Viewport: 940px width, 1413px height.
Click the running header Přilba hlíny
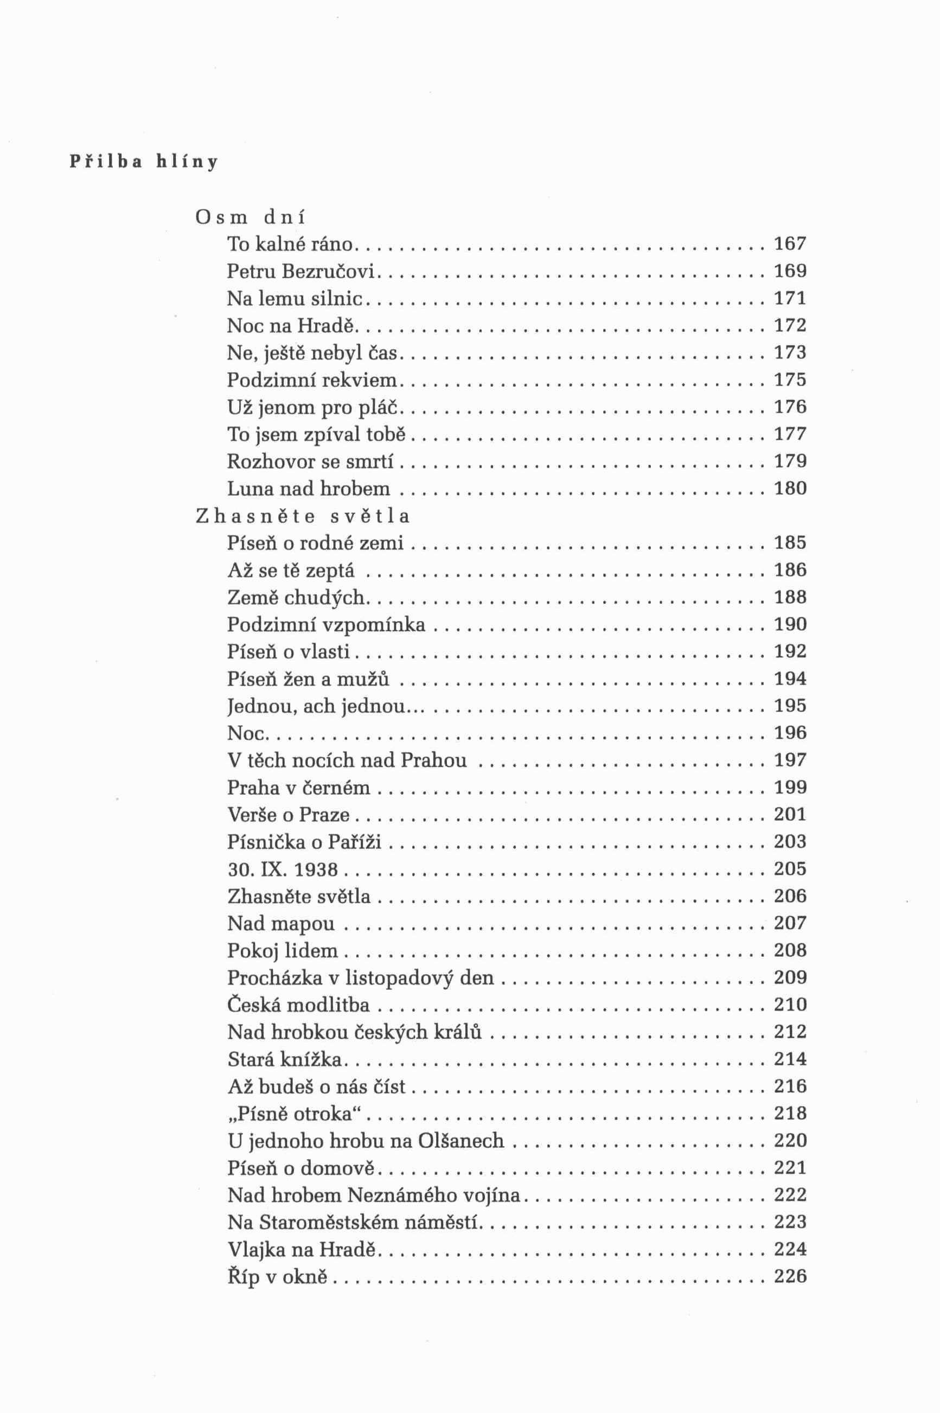144,161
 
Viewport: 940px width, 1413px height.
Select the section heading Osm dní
250,216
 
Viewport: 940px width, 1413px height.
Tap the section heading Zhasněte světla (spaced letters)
303,515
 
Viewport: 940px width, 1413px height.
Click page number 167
790,244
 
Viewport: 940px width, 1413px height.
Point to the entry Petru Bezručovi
300,271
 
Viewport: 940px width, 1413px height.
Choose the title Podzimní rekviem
312,380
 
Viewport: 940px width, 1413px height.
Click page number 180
790,488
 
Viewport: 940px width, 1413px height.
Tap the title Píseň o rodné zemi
315,542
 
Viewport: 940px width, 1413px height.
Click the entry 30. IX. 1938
283,868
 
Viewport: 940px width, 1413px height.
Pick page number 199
790,787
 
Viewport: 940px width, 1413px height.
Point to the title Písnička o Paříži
304,841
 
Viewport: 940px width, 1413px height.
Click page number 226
790,1276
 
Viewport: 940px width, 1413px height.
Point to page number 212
790,1031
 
